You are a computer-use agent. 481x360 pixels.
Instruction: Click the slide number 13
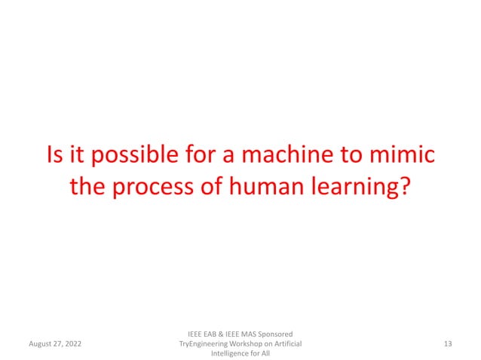[448, 343]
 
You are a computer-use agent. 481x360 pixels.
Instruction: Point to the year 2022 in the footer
[74, 344]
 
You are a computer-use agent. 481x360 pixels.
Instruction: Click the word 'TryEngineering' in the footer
[202, 343]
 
